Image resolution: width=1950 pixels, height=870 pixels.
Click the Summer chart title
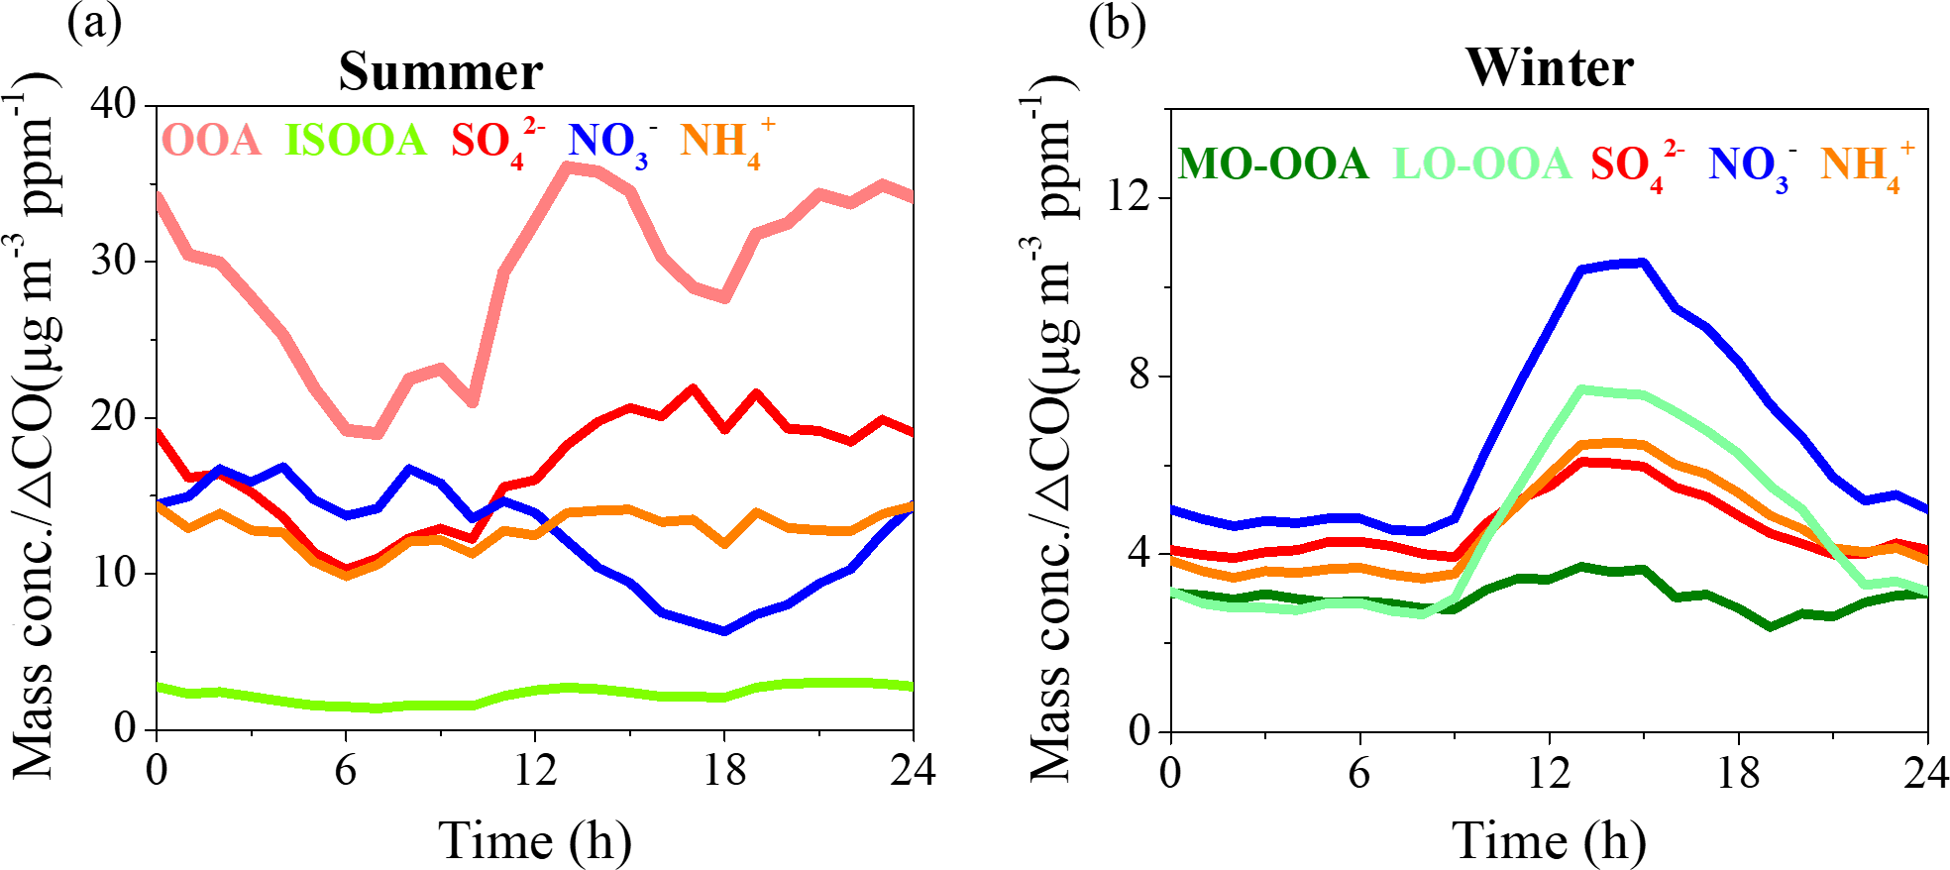pyautogui.click(x=441, y=71)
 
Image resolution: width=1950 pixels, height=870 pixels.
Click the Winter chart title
pyautogui.click(x=1550, y=67)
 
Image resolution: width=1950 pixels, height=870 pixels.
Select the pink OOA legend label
pyautogui.click(x=211, y=140)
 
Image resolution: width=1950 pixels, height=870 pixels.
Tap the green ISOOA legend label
pyautogui.click(x=356, y=140)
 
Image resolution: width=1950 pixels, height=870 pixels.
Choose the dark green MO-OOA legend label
pyautogui.click(x=1273, y=163)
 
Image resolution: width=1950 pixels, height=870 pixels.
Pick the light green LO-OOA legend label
pyautogui.click(x=1482, y=163)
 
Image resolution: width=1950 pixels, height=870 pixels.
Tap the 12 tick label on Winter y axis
pyautogui.click(x=1129, y=195)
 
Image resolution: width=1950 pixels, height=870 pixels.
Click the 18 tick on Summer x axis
pyautogui.click(x=724, y=771)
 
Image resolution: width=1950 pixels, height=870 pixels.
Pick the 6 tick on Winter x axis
pyautogui.click(x=1359, y=773)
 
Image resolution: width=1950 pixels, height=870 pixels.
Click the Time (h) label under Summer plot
pyautogui.click(x=535, y=840)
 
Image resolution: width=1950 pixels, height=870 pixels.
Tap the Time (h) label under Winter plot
pyautogui.click(x=1550, y=840)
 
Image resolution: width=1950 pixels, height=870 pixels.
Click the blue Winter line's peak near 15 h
pyautogui.click(x=1642, y=263)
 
